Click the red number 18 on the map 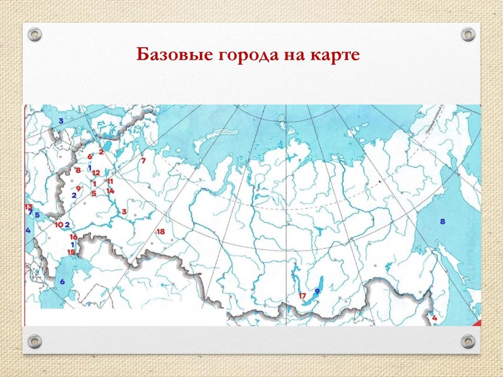coord(160,232)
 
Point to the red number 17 coord(302,295)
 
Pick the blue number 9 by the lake coord(318,291)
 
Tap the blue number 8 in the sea coord(442,221)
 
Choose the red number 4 coord(434,318)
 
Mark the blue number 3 coord(61,120)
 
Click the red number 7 coord(143,161)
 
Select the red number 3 coord(124,212)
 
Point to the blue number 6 coord(62,281)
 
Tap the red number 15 coord(71,252)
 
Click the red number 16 coord(73,237)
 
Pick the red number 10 coord(58,224)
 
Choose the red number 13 coord(28,207)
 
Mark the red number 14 coord(109,190)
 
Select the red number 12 coord(96,172)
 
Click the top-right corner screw coord(467,34)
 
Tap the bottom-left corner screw coord(35,341)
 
